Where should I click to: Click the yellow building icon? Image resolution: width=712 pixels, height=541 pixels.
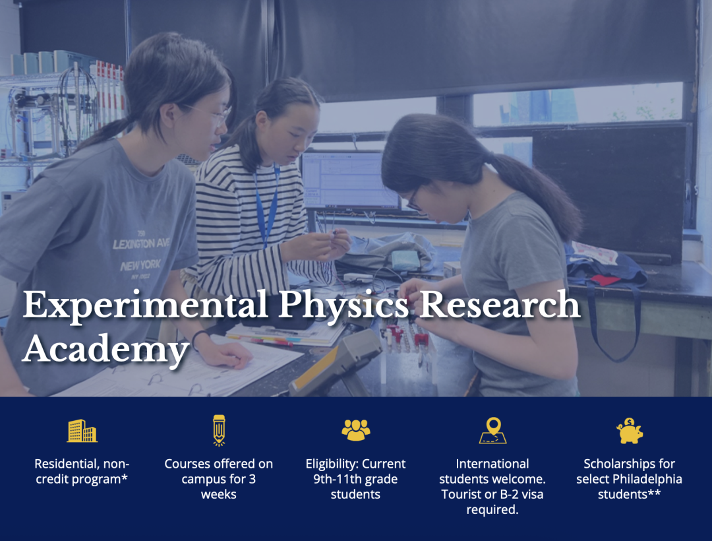click(x=82, y=431)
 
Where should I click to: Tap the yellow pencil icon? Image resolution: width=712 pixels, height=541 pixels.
click(x=219, y=430)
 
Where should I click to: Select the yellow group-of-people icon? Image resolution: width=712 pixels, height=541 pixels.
click(x=355, y=430)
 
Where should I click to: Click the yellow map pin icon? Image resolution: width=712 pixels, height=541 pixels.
click(x=492, y=430)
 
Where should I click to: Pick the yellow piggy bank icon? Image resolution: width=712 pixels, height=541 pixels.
click(x=629, y=431)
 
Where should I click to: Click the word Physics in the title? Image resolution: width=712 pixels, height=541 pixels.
click(x=345, y=305)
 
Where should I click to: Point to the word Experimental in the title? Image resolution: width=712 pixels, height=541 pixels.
click(x=145, y=305)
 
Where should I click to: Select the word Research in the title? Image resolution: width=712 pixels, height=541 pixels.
click(x=500, y=305)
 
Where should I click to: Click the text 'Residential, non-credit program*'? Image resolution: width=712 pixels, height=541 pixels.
click(x=82, y=471)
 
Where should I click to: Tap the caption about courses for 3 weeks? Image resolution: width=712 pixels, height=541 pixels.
click(x=219, y=478)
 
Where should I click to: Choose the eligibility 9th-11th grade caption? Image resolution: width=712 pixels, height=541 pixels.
click(x=355, y=478)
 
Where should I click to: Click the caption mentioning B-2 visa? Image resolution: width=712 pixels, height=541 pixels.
click(x=492, y=486)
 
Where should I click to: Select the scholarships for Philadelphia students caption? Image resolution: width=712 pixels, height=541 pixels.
click(x=629, y=478)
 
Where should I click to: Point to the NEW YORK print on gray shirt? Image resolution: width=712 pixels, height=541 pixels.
click(x=140, y=267)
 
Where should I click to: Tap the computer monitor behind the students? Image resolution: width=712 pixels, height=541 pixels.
click(x=349, y=180)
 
